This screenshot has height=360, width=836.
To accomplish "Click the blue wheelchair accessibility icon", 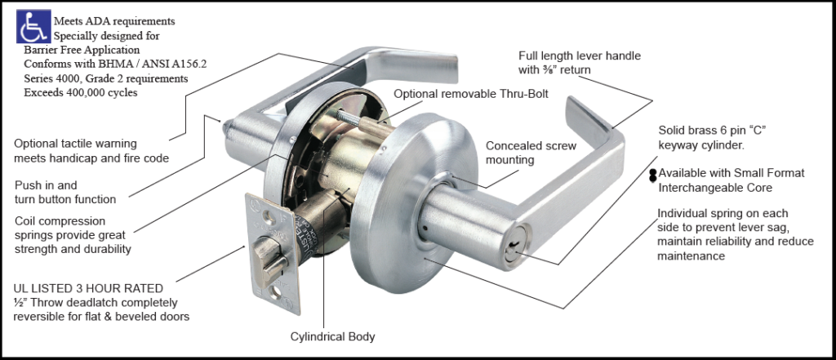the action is [x=34, y=26].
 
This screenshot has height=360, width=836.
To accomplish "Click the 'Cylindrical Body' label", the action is [x=333, y=336].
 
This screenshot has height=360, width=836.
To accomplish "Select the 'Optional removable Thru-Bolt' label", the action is [x=471, y=94].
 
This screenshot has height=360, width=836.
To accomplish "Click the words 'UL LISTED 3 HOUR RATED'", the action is [x=88, y=288].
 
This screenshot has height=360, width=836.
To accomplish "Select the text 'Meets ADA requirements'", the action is [x=114, y=21].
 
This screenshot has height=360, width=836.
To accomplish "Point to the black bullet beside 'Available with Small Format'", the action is [x=652, y=176].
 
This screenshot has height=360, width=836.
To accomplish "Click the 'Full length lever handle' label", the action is [x=580, y=56].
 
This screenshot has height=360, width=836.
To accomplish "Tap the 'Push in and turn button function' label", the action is [x=65, y=192].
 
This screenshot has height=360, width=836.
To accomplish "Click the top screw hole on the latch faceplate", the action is [x=271, y=218].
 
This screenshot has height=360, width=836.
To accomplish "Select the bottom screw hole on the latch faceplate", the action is [x=277, y=291].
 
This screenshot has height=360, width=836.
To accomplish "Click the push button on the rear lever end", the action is [x=226, y=127].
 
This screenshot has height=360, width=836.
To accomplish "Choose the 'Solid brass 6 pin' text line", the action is [x=712, y=130].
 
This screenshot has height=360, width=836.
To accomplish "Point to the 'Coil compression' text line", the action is [x=60, y=220].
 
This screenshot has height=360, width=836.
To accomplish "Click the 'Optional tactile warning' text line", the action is [x=75, y=144].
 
